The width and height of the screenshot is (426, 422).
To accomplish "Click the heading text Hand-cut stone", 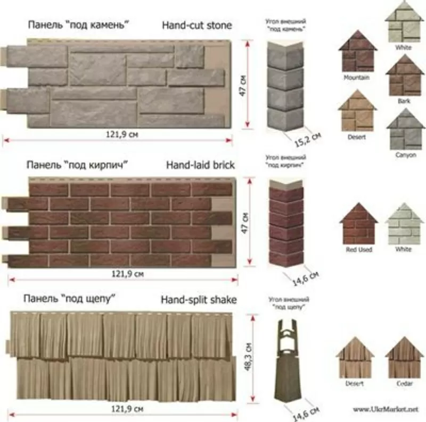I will click(196, 25).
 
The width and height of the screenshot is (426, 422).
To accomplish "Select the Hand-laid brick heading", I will click(200, 165).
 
